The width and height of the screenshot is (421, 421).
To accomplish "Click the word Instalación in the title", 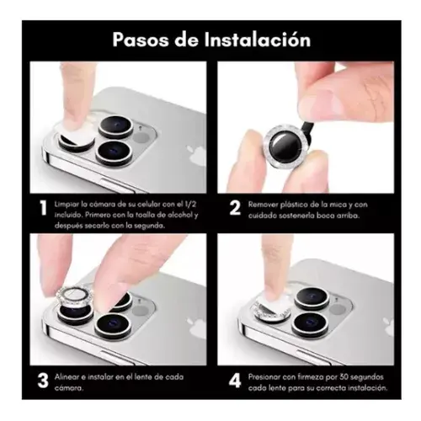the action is point(258,40).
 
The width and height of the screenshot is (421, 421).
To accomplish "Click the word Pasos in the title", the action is point(139,40).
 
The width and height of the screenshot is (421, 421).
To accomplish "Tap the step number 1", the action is point(43,208).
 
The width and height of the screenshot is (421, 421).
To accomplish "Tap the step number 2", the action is point(235,208).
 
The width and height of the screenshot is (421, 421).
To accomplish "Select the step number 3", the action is point(43,381).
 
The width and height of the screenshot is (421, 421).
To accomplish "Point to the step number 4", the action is point(235,381).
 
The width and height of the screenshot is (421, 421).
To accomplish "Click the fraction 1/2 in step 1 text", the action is point(190,205).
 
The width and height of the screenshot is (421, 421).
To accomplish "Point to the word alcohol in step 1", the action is point(180,215).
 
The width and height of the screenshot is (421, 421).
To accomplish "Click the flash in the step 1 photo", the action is point(141,138).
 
